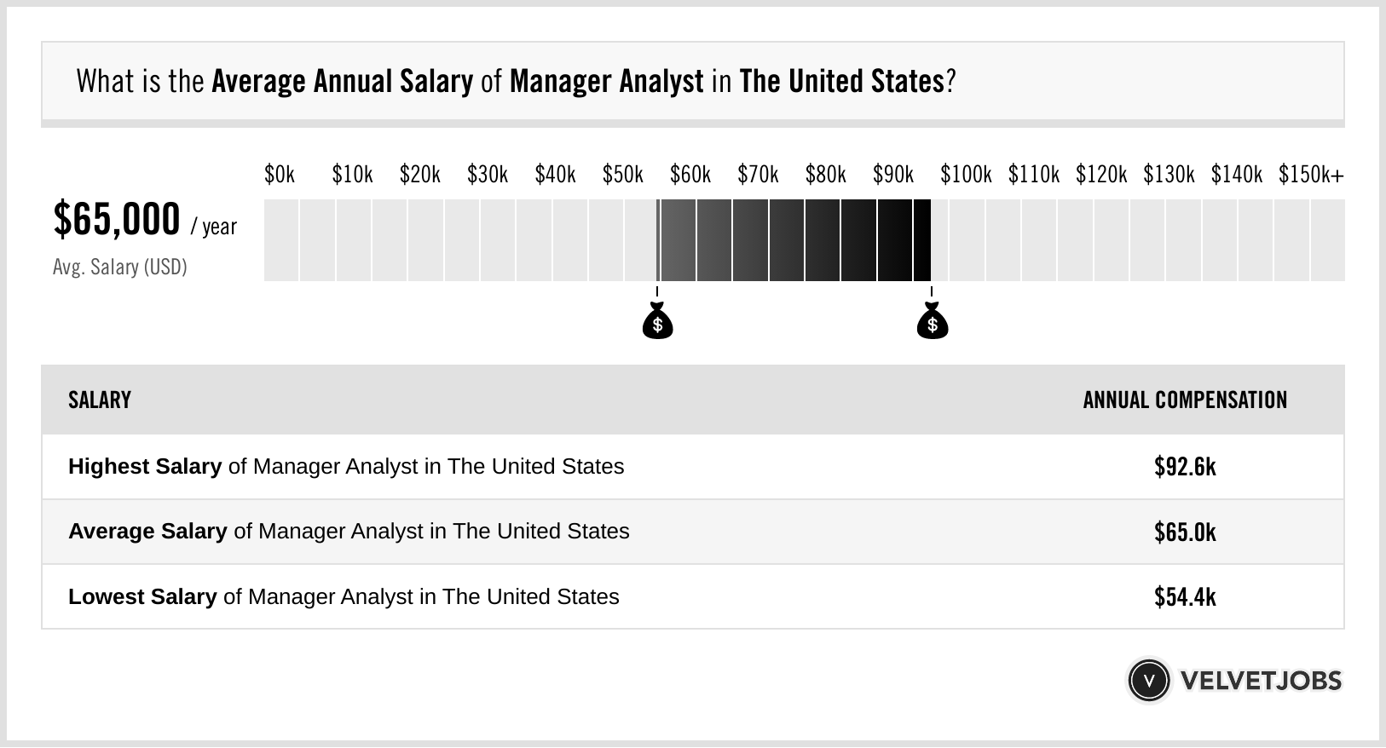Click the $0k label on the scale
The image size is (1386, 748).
[x=280, y=175]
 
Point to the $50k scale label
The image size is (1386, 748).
[x=623, y=175]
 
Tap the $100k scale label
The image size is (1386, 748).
[x=966, y=175]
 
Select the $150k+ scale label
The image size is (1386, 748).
[x=1311, y=175]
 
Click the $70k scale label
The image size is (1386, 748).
[x=758, y=175]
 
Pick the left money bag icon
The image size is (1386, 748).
[x=658, y=320]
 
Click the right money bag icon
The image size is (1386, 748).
[x=933, y=320]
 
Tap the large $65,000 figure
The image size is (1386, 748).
[x=116, y=220]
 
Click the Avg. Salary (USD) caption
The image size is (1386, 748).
[x=120, y=267]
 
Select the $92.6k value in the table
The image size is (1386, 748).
[x=1185, y=467]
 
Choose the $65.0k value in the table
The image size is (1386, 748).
[x=1185, y=532]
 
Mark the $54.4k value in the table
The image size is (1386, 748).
[x=1185, y=596]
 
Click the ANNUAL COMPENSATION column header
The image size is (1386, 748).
[x=1185, y=400]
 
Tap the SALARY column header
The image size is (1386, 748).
[x=100, y=400]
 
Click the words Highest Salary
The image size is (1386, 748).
[x=145, y=467]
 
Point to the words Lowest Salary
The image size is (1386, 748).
[x=142, y=596]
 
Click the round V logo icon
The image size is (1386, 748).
[x=1149, y=681]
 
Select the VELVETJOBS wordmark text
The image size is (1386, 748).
[x=1261, y=681]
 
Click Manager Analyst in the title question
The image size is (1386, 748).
[x=606, y=82]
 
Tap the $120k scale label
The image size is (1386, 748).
[x=1101, y=175]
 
